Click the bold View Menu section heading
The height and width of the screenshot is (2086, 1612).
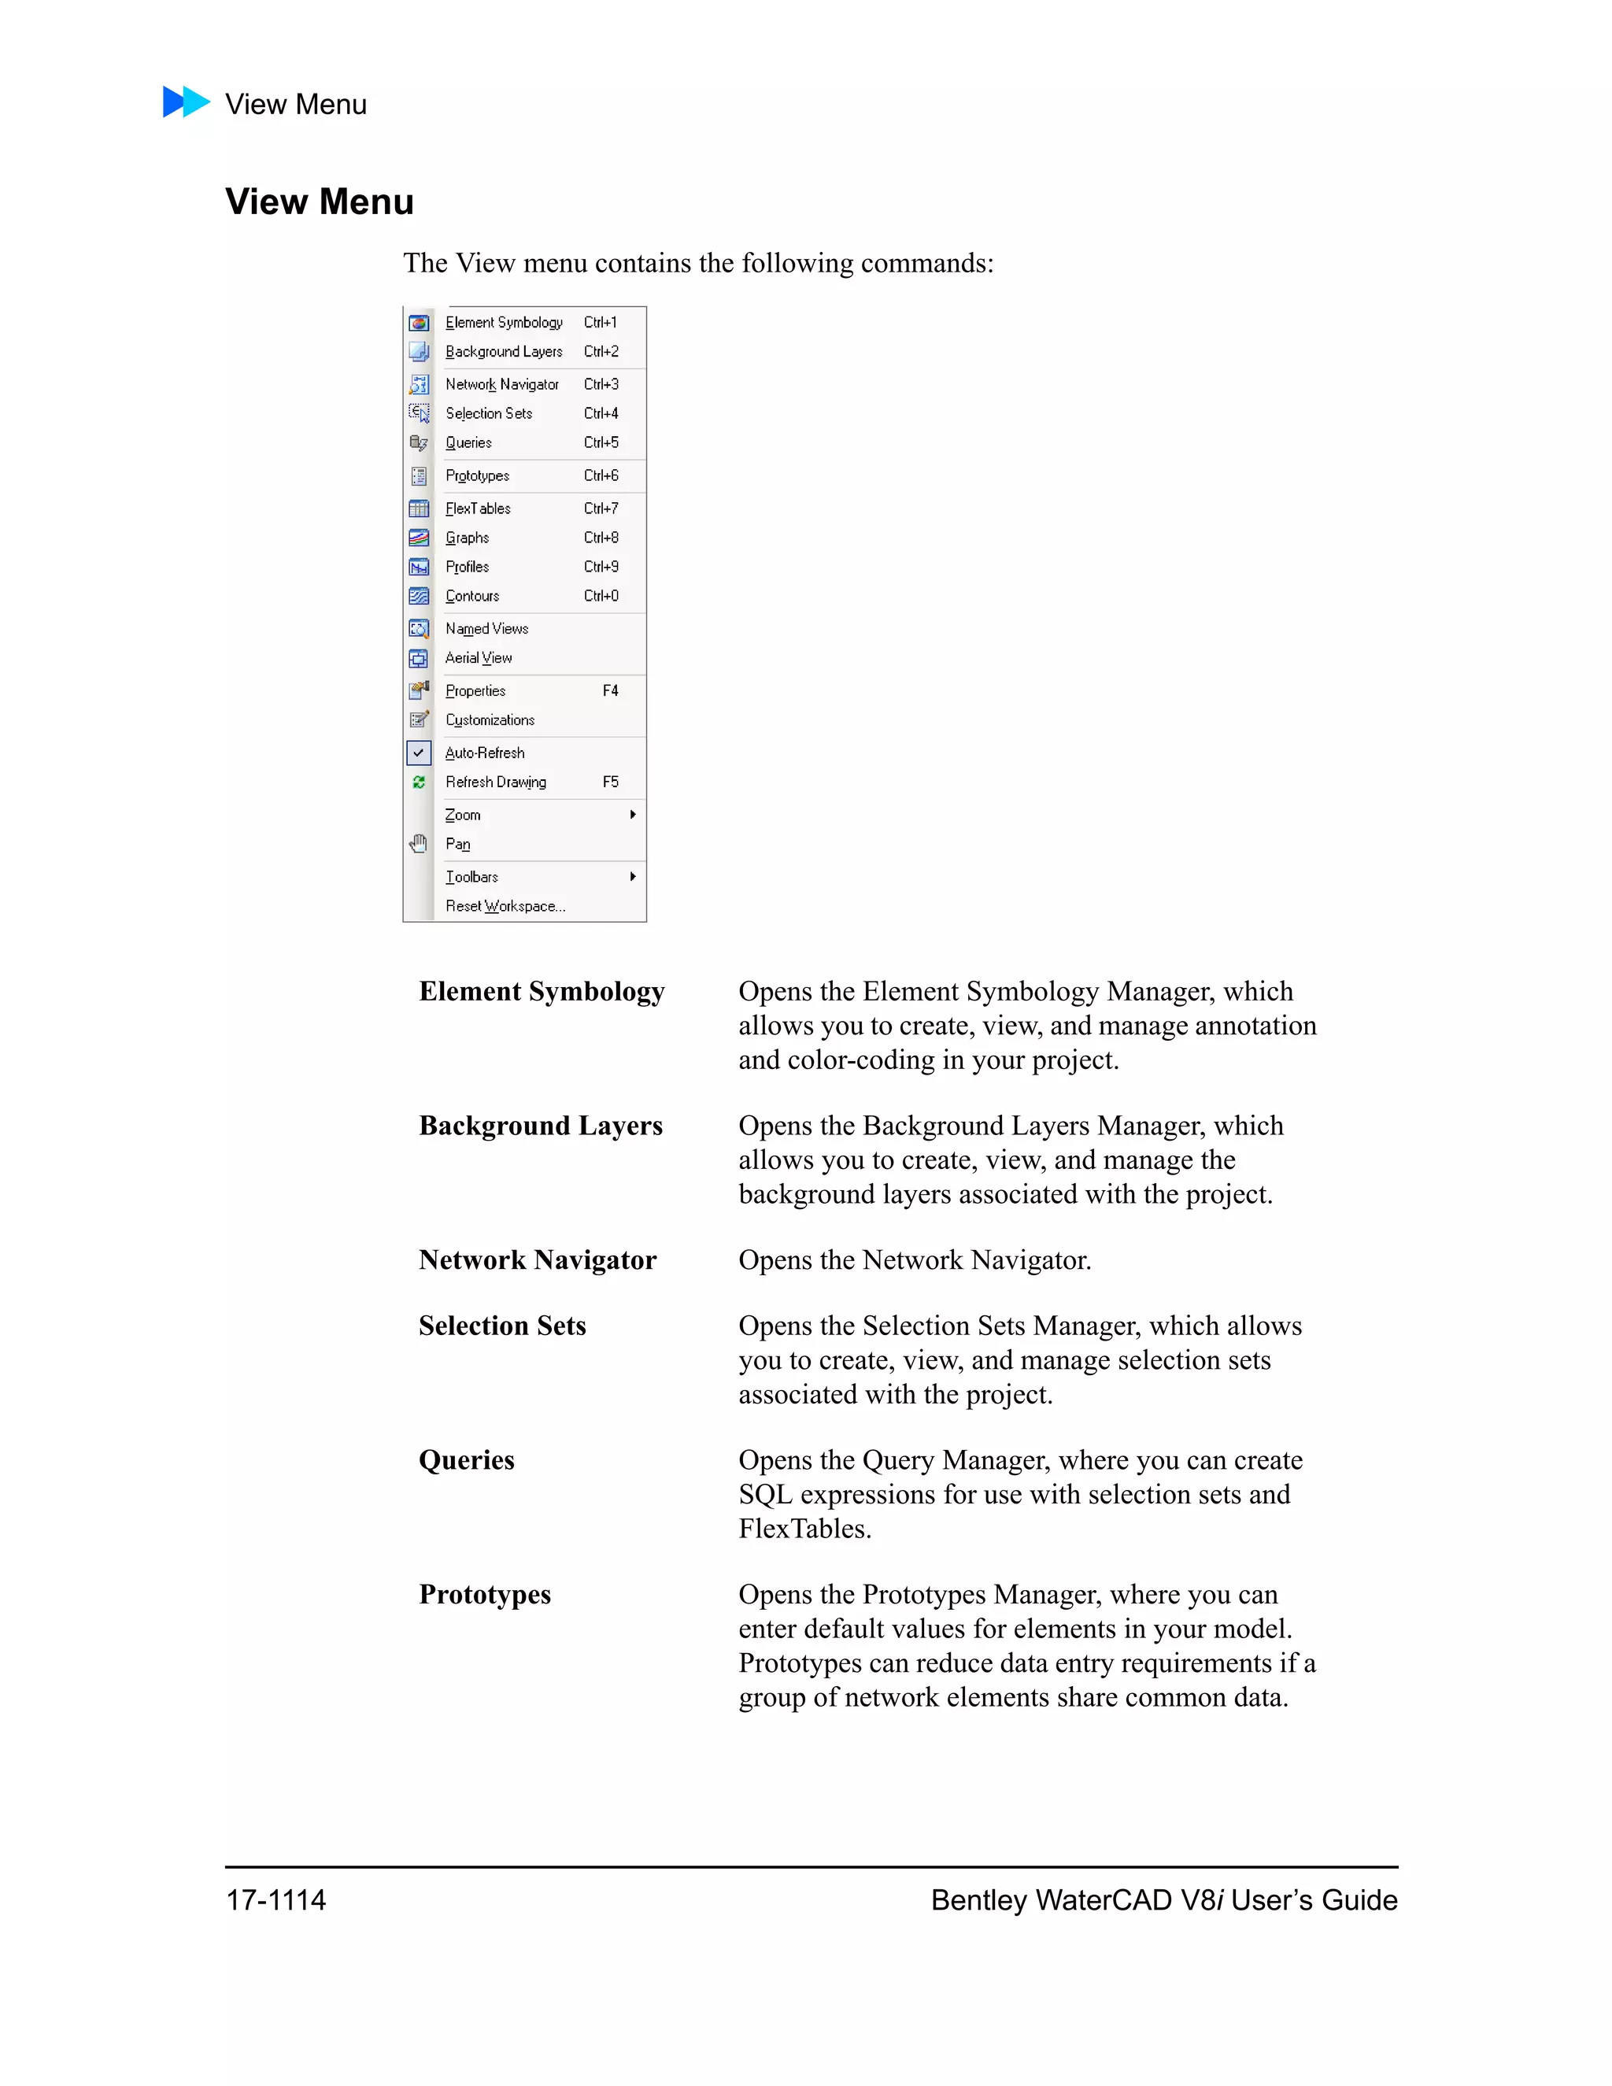coord(319,202)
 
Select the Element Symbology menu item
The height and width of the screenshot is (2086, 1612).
coord(503,323)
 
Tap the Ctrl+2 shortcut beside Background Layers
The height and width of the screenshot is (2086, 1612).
coord(601,352)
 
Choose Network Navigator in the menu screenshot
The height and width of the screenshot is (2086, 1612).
coord(501,384)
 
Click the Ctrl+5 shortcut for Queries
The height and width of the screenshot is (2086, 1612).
coord(601,442)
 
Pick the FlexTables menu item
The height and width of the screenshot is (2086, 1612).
coord(478,509)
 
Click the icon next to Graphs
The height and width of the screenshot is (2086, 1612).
coord(418,538)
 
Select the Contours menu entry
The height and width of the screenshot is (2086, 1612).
coord(471,596)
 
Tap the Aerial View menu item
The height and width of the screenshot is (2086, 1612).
coord(479,658)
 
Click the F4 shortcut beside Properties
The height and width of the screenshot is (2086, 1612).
coord(610,690)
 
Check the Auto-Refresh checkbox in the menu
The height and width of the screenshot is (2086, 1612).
coord(418,753)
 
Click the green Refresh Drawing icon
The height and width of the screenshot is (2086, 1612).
coord(418,782)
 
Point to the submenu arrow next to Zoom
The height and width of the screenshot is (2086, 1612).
coord(632,815)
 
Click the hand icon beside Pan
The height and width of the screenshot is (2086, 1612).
coord(418,843)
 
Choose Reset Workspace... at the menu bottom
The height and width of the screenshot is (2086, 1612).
coord(505,906)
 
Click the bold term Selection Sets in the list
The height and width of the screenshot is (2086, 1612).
coord(502,1326)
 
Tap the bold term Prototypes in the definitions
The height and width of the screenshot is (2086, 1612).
coord(485,1594)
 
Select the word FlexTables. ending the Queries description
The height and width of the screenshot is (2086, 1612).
coord(804,1529)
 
